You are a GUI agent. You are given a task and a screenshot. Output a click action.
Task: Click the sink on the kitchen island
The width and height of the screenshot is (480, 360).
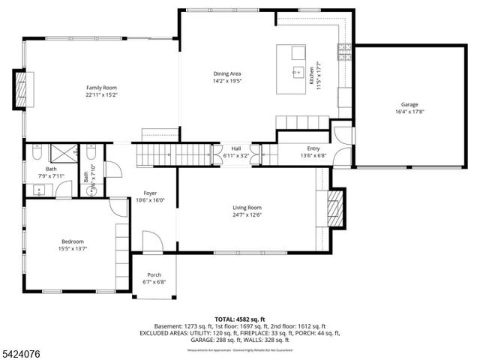click(x=294, y=73)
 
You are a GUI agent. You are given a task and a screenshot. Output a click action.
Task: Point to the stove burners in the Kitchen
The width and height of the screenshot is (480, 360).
click(x=346, y=51)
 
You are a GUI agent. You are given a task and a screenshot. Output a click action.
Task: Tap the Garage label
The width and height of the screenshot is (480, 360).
click(x=409, y=104)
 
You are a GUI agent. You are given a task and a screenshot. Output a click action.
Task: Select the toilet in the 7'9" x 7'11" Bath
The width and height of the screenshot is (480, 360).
click(x=36, y=154)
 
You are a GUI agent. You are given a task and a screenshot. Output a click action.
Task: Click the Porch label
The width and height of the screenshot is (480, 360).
click(x=154, y=274)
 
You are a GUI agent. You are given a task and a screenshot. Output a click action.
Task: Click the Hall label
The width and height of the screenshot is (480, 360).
click(x=235, y=148)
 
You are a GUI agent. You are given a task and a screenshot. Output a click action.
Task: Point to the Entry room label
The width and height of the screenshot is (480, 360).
click(x=313, y=148)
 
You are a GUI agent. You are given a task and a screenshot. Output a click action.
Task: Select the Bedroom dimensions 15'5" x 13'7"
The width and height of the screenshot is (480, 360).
click(x=72, y=250)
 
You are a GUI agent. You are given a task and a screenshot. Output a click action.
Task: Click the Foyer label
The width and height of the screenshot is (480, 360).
click(x=150, y=193)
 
